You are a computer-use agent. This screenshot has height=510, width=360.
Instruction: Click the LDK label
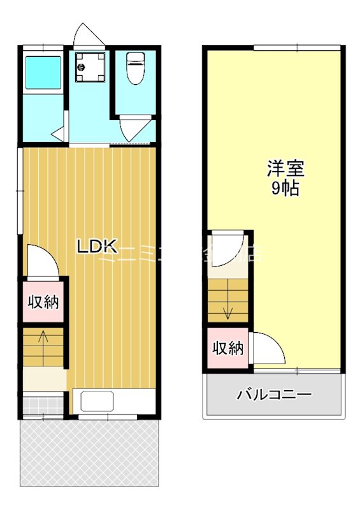[x=97, y=247]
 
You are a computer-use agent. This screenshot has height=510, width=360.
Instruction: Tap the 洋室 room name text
[x=285, y=169]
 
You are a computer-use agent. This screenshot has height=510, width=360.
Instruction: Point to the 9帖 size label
[x=285, y=189]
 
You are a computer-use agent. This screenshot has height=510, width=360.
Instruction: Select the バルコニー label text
[x=275, y=395]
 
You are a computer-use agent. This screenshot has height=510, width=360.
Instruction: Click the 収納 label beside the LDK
[x=43, y=302]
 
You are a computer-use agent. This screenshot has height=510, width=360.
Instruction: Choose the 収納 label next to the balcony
[x=227, y=348]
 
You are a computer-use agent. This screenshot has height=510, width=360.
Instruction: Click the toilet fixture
[x=135, y=68]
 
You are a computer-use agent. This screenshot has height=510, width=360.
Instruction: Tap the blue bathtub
[x=43, y=73]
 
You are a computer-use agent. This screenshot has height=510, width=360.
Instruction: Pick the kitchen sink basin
[x=97, y=402]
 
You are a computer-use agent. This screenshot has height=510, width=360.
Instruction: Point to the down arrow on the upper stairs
[x=227, y=312]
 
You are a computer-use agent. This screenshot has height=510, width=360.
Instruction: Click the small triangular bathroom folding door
[x=59, y=134]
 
